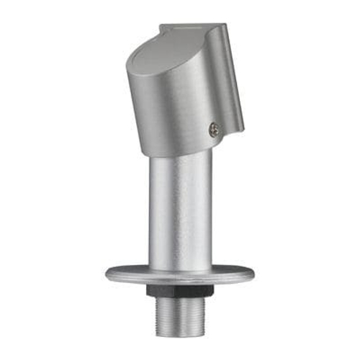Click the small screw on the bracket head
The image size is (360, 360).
click(214, 129)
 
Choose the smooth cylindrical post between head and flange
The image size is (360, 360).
click(180, 209)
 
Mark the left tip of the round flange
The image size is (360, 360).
click(106, 274)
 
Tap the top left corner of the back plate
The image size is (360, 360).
click(161, 27)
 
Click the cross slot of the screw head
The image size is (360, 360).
click(214, 129)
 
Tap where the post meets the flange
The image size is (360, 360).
click(180, 268)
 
